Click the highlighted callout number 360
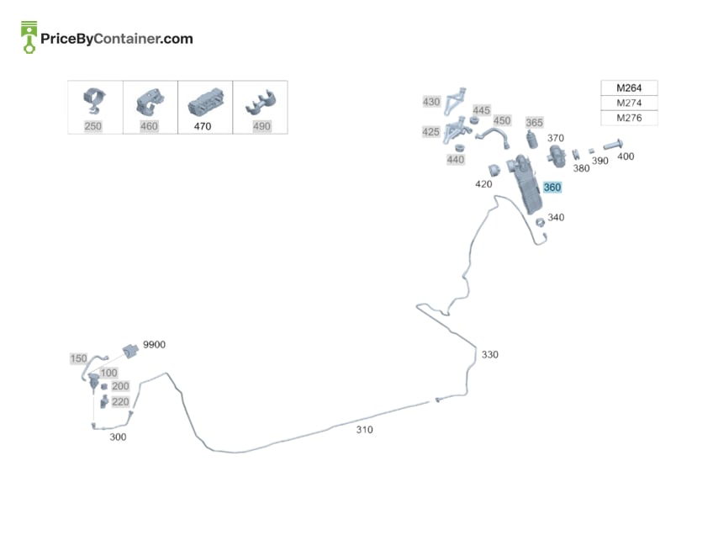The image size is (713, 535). coord(552,188)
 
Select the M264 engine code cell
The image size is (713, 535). coord(629,87)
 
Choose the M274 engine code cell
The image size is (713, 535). coord(629,103)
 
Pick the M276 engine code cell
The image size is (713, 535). coord(629,118)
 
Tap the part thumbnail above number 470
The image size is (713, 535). coord(206,102)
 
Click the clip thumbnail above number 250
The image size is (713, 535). coord(94,101)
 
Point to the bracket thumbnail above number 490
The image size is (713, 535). coord(261,103)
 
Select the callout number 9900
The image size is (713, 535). coord(154,344)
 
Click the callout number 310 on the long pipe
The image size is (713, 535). coord(364,430)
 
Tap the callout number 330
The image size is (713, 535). coord(489,354)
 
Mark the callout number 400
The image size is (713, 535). coord(626,156)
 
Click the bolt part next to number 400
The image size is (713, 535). coord(613,144)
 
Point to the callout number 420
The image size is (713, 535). coord(483,184)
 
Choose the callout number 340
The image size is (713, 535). coord(556,218)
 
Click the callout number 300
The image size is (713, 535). coord(118,437)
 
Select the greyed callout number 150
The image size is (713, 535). coord(78,358)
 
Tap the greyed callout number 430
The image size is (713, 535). coord(431,102)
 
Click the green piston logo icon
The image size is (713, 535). coord(29,37)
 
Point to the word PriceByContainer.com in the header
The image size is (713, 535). coord(116,39)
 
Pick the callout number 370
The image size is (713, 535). coord(555,138)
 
